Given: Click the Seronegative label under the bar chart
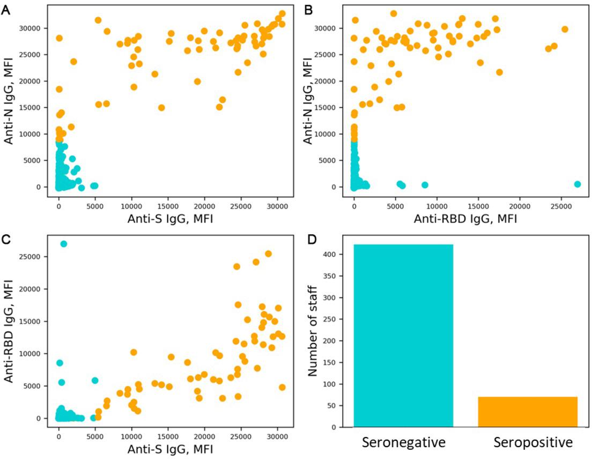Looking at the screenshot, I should pyautogui.click(x=403, y=443).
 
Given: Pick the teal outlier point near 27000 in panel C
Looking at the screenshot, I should pyautogui.click(x=63, y=244).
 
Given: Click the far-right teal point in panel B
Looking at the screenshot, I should pyautogui.click(x=577, y=184).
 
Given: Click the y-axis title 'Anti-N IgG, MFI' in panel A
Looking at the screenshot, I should pyautogui.click(x=10, y=107).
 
